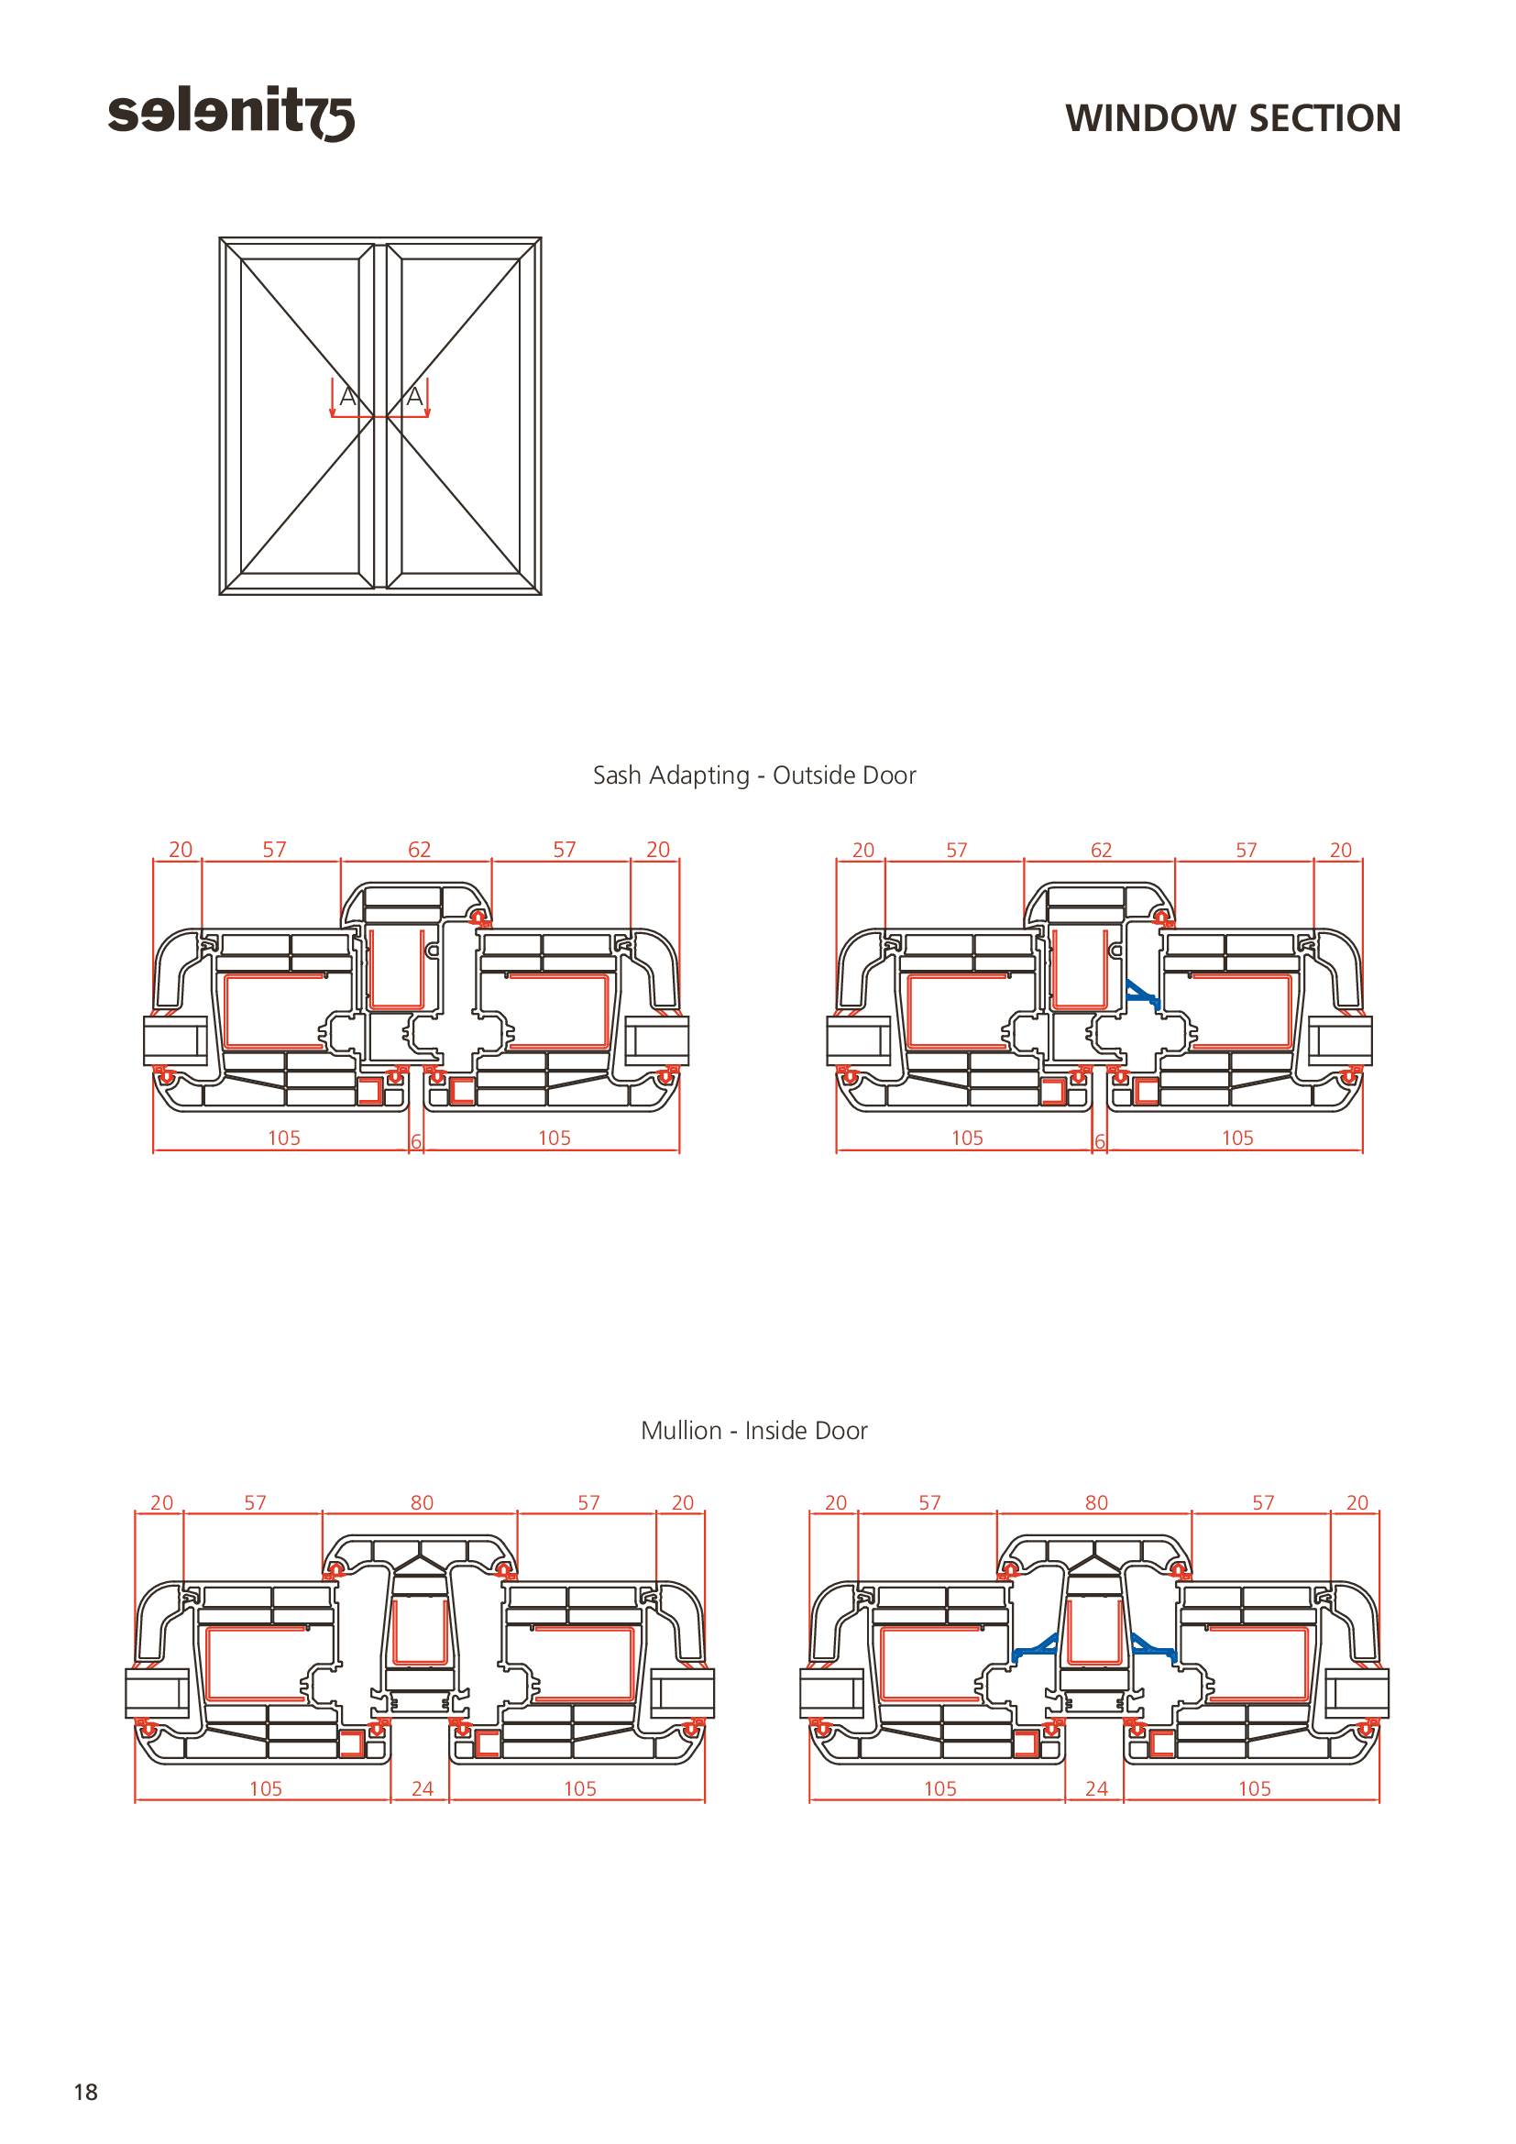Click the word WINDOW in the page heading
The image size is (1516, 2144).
[x=1151, y=118]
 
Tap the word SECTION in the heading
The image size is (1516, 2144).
[x=1324, y=118]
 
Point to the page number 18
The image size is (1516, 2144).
[x=86, y=2092]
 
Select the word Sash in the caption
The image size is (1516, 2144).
[x=617, y=775]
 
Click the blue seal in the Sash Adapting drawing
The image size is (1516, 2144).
[x=1144, y=995]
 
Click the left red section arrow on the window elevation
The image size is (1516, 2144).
[x=333, y=397]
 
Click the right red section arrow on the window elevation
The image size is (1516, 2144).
[x=427, y=397]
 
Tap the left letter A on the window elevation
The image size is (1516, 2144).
[x=347, y=397]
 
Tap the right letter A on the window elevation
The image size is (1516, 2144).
[x=414, y=397]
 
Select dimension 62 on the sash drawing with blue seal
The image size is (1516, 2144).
[x=1102, y=850]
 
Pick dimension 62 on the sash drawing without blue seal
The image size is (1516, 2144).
[x=419, y=849]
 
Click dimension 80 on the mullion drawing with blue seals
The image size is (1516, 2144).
[x=1096, y=1502]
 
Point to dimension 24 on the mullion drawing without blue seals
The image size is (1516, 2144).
[x=422, y=1788]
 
